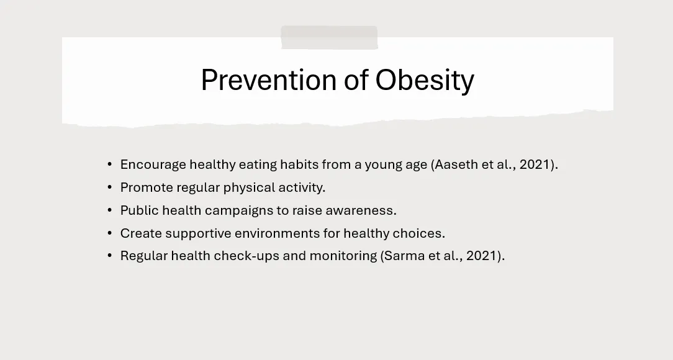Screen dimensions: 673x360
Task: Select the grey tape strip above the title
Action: click(x=329, y=38)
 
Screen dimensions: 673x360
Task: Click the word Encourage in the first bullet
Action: click(x=153, y=165)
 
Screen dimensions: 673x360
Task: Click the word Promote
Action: click(x=147, y=187)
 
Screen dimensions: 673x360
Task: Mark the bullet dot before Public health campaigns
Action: click(x=110, y=210)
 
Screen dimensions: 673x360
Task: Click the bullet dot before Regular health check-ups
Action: click(x=110, y=256)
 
